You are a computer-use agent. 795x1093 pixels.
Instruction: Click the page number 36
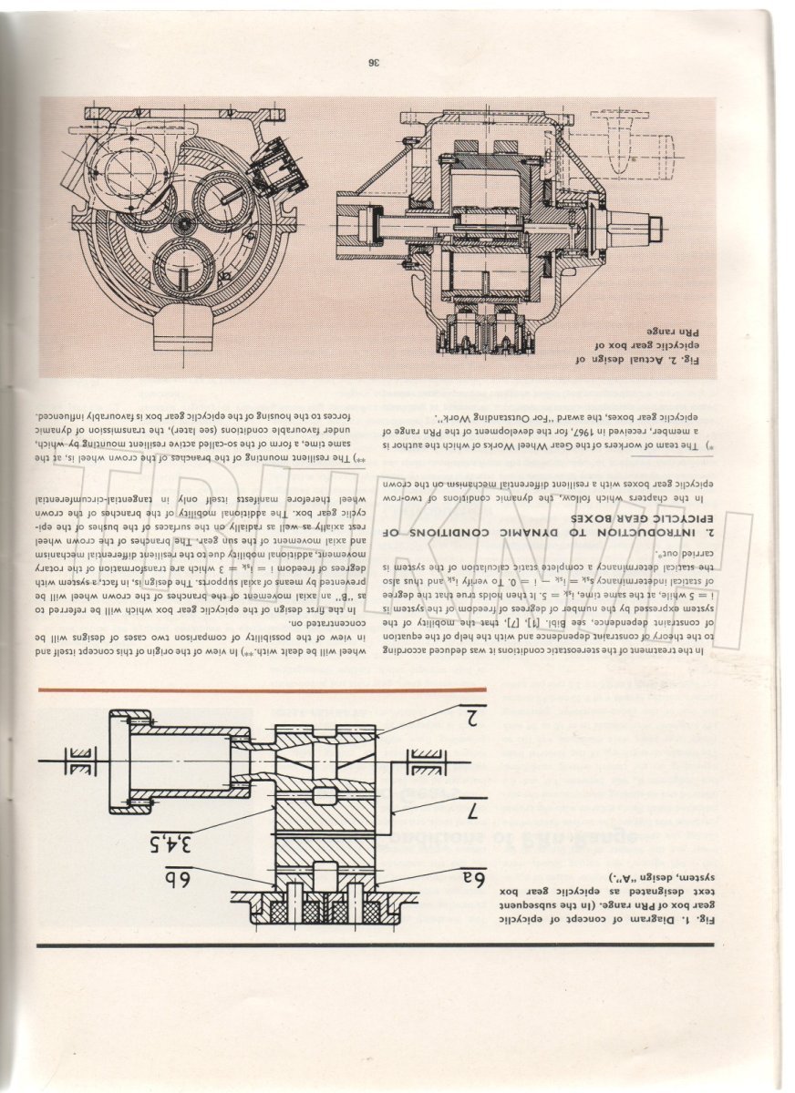click(374, 63)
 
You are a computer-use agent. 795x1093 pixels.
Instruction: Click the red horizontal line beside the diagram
click(264, 692)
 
